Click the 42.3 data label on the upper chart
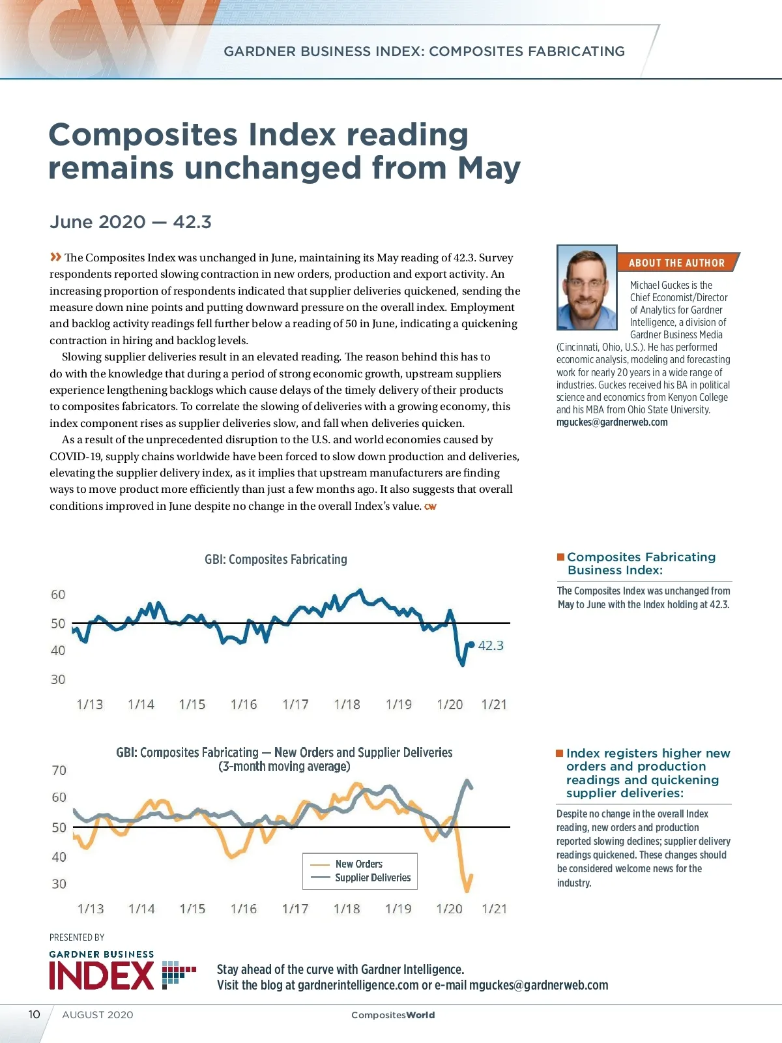491,645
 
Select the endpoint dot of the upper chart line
472,645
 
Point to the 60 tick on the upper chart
58,595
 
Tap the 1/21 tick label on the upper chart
494,705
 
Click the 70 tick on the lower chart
59,771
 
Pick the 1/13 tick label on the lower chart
91,909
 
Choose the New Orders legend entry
358,864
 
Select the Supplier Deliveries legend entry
373,878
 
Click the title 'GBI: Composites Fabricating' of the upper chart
276,559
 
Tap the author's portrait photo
586,287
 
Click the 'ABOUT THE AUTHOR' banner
676,263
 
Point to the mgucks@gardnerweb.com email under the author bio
612,422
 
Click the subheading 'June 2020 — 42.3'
130,222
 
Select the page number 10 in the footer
34,1014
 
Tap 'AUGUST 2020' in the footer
98,1015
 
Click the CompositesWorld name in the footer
393,1015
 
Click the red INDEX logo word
102,975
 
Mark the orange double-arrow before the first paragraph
56,257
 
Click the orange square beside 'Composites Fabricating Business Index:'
560,557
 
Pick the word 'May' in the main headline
489,168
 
